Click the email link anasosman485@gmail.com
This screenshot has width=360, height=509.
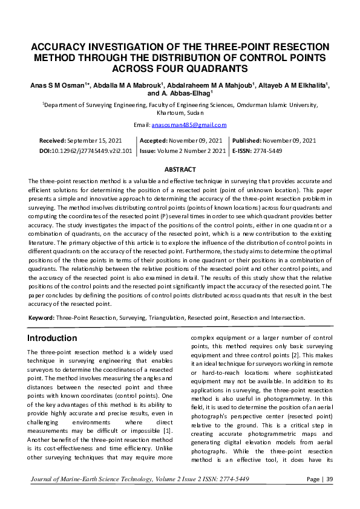197,125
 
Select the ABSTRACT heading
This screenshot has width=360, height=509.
180,170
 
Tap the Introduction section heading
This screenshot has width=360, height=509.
53,338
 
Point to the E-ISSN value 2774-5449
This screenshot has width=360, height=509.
267,151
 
